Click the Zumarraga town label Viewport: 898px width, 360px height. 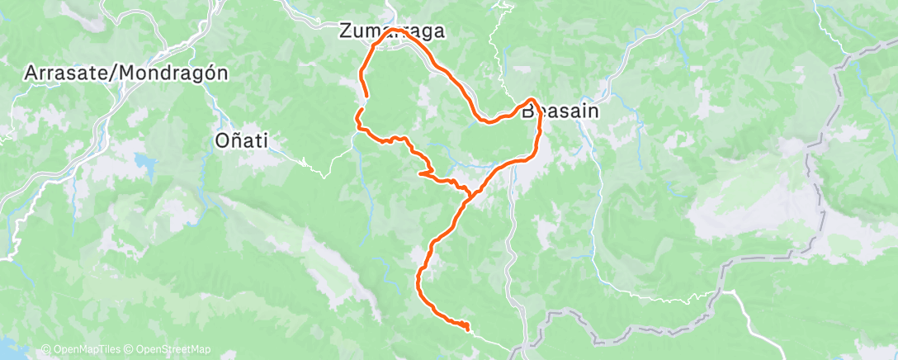392,31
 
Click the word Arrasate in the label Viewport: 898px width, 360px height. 69,73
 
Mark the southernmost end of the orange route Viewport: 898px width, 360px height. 467,329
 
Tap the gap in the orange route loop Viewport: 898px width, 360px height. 362,102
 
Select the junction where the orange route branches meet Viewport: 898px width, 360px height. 471,195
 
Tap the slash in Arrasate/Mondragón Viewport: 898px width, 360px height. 118,73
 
